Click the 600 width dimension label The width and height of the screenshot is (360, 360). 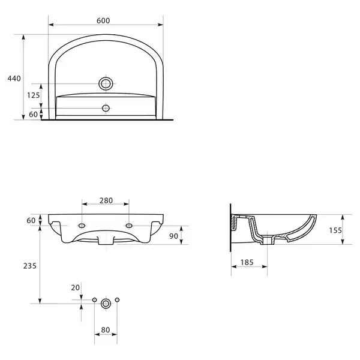103,20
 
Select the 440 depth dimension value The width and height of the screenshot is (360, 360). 14,79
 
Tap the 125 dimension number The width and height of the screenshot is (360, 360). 34,95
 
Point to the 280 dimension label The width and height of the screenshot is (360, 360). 106,200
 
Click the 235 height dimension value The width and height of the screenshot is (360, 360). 30,266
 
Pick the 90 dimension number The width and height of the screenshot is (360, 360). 173,236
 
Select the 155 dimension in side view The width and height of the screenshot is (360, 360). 335,230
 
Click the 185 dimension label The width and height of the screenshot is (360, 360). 247,262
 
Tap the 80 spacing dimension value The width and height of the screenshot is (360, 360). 106,330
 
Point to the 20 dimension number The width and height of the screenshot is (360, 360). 76,287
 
